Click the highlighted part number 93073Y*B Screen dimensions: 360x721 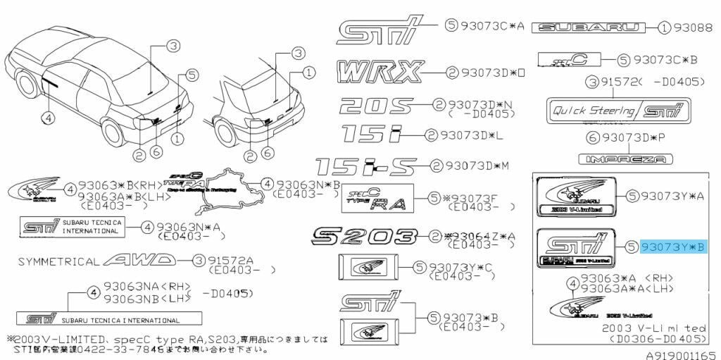click(x=672, y=247)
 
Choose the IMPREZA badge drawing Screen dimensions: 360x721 click(x=625, y=160)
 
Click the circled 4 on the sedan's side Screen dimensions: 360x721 click(x=49, y=118)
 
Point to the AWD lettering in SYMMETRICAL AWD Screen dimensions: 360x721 click(x=138, y=261)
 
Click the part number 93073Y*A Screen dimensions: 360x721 click(x=672, y=194)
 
